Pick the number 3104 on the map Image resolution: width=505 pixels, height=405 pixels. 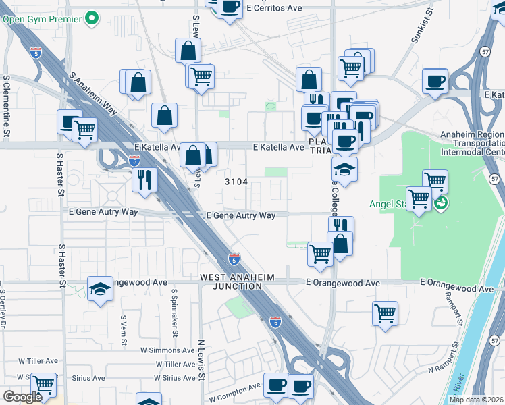pos(236,182)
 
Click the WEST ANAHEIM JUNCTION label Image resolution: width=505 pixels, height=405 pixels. pos(231,281)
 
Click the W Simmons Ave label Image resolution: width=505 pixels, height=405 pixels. pos(167,350)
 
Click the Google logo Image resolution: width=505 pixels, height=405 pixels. pos(22,396)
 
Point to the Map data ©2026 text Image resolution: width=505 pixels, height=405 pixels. pos(477,400)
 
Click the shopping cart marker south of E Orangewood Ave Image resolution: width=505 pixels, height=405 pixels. pos(385,313)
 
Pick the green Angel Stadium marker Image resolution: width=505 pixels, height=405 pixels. pos(441,202)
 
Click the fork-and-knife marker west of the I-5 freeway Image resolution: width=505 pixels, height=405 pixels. pos(144,179)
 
